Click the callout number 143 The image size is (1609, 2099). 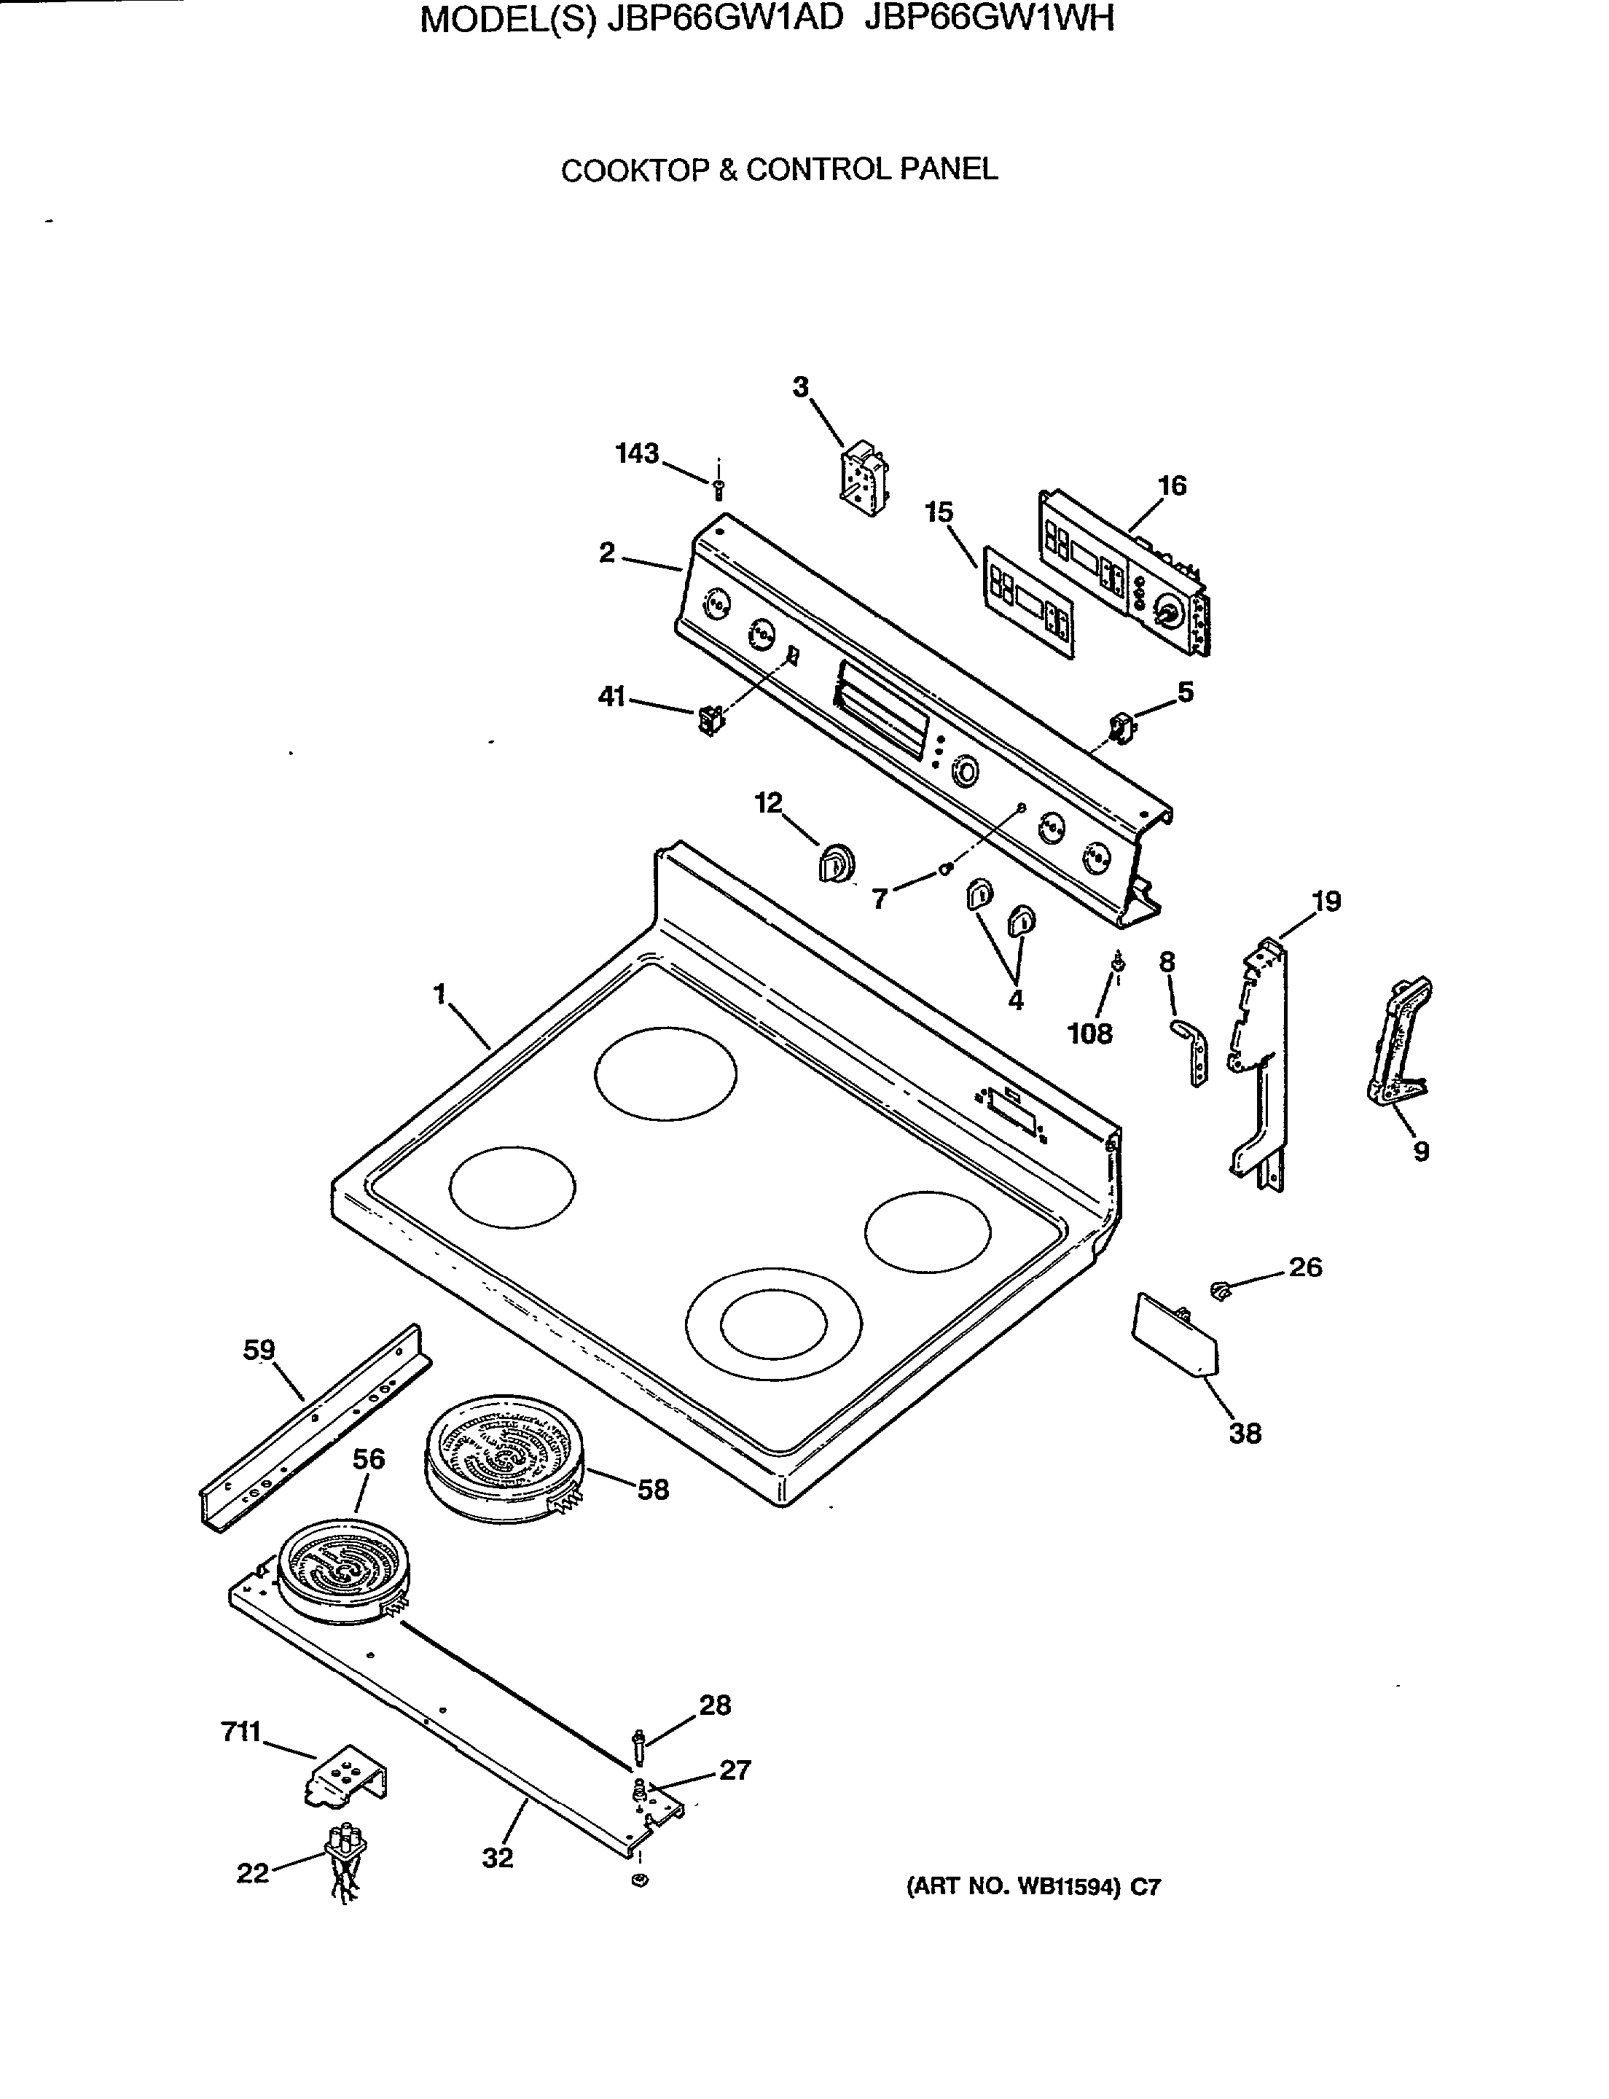pyautogui.click(x=637, y=453)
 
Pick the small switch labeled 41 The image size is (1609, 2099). pyautogui.click(x=710, y=719)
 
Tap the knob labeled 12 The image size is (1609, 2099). pyautogui.click(x=835, y=862)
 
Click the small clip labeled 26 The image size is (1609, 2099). pyautogui.click(x=1220, y=1289)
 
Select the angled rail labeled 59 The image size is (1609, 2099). pyautogui.click(x=312, y=1426)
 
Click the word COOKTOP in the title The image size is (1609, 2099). pyautogui.click(x=634, y=171)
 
